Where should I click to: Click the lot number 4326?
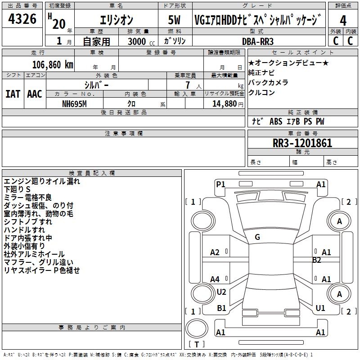click(x=22, y=18)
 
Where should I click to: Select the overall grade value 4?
click(x=343, y=20)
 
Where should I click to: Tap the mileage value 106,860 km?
click(x=53, y=65)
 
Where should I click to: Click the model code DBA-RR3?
click(x=258, y=41)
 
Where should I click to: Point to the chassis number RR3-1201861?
click(x=302, y=143)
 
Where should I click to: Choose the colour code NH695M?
click(x=74, y=104)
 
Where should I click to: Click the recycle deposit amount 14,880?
click(x=224, y=104)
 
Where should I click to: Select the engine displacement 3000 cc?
click(x=141, y=41)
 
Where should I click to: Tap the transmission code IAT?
click(x=13, y=94)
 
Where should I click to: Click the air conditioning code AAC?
click(x=35, y=94)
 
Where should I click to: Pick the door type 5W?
click(x=174, y=20)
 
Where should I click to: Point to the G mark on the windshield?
click(x=257, y=237)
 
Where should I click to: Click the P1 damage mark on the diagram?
click(x=220, y=184)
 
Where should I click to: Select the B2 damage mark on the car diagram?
click(x=316, y=260)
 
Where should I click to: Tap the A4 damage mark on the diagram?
click(x=215, y=279)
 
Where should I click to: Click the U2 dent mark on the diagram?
click(x=221, y=292)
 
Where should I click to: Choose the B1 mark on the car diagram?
click(x=221, y=308)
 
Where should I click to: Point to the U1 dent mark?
click(x=320, y=308)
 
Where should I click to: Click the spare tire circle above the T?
click(x=197, y=328)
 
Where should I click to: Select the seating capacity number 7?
click(x=188, y=85)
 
